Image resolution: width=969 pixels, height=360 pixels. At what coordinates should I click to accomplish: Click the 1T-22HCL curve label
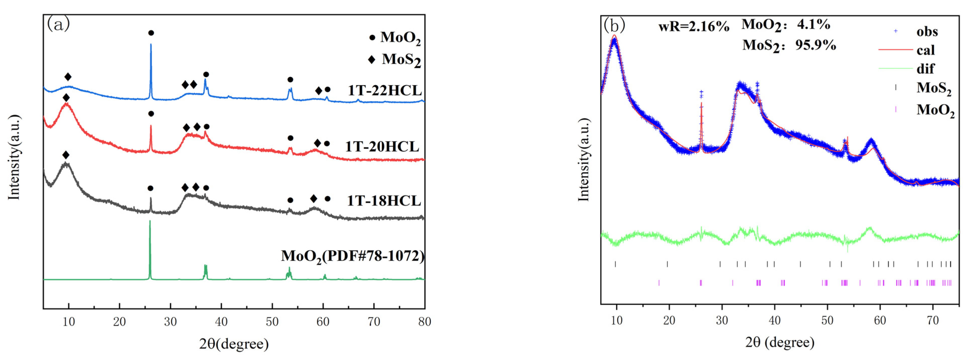tap(384, 91)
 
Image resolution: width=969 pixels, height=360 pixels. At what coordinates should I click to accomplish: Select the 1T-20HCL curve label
tap(382, 146)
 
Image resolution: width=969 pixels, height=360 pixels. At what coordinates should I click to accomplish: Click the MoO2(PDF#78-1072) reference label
tap(353, 256)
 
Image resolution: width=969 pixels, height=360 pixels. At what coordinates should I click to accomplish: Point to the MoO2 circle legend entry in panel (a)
tap(395, 38)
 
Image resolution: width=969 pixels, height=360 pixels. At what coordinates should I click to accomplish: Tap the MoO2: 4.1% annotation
tap(785, 25)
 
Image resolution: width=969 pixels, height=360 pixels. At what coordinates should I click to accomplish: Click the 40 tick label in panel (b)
tap(774, 320)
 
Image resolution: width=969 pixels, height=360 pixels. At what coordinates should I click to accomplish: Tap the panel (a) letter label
tap(58, 24)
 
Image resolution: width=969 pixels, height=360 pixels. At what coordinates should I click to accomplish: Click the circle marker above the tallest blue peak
tap(151, 33)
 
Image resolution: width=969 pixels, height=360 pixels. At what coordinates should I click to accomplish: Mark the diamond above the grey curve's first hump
tap(66, 155)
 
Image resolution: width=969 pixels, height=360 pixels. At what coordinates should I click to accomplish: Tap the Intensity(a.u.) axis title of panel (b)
tap(584, 160)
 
